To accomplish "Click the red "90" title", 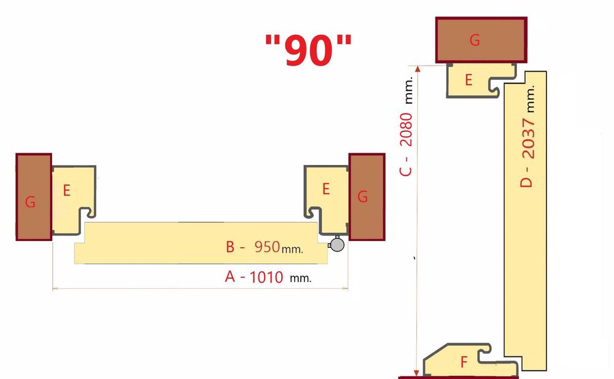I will pos(309,49).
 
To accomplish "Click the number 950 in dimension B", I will pos(265,247).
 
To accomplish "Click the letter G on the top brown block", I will pos(475,40).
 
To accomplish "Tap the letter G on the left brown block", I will pos(31,202).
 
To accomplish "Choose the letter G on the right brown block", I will pos(363,197).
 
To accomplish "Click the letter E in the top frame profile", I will pos(468,80).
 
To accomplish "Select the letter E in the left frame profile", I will pos(66,190).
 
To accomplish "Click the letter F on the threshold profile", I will pos(464,362).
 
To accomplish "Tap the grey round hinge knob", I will pos(336,244).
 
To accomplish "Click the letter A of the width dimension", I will pos(230,277).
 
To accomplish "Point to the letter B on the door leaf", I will pos(230,247).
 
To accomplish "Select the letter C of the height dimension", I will pos(406,170).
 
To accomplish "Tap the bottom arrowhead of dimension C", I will pos(418,372).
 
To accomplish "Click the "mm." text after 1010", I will pos(300,278).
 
